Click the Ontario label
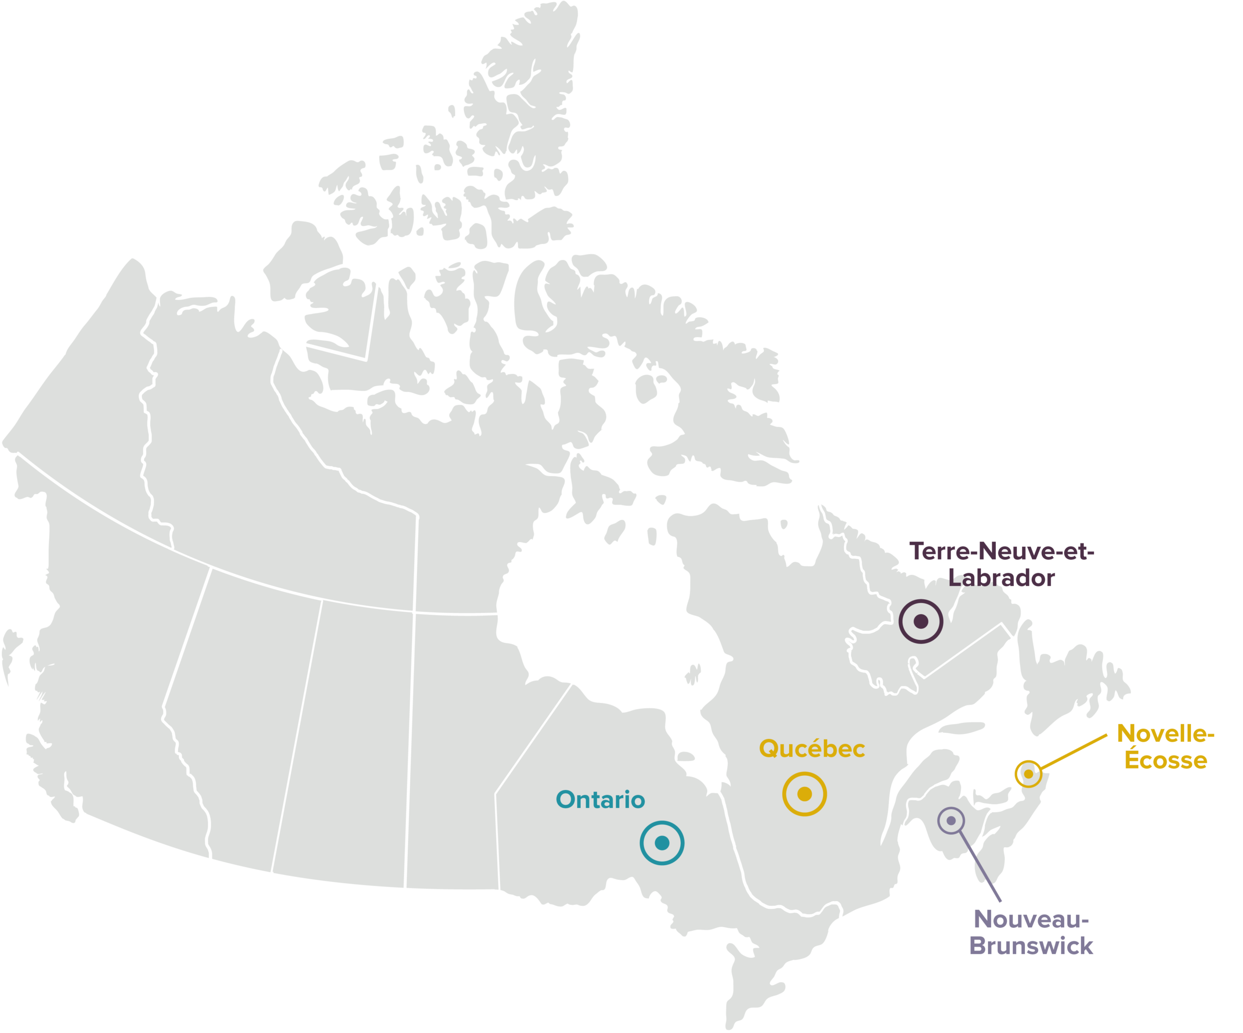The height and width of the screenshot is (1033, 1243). (x=600, y=800)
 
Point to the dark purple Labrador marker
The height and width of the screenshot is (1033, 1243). (x=921, y=621)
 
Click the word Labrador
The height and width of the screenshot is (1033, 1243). (x=1002, y=578)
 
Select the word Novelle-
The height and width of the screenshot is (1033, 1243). (x=1165, y=734)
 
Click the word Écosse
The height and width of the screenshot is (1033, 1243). (x=1165, y=760)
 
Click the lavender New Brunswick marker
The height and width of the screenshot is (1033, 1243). (x=951, y=820)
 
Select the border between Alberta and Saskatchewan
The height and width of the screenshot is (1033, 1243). (x=296, y=739)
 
